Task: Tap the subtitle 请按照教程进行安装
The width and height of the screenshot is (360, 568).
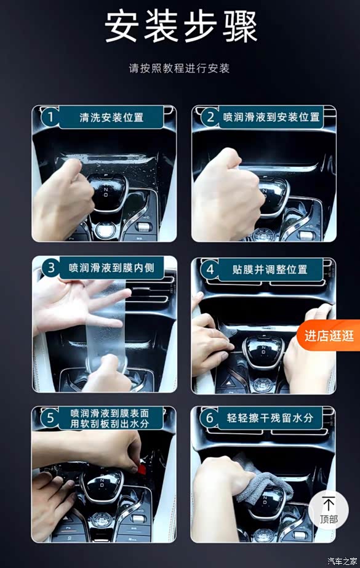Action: [x=179, y=68]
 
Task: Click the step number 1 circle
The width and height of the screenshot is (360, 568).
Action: [x=50, y=117]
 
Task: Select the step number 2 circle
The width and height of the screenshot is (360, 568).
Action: [x=210, y=117]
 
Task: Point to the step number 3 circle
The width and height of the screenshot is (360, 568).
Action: [x=50, y=268]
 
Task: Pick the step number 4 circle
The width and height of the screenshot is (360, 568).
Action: [x=210, y=270]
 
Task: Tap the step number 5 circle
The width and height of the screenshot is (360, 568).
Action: [x=50, y=418]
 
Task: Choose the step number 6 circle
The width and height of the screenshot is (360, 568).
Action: [x=210, y=418]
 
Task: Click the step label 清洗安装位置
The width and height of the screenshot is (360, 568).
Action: [x=111, y=118]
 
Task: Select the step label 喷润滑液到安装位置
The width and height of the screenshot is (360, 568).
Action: [x=271, y=117]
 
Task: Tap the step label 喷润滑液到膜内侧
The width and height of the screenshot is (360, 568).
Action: [x=111, y=268]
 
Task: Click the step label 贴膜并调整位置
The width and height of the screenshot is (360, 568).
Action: [x=270, y=270]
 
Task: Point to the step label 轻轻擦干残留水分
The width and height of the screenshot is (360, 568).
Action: [x=270, y=418]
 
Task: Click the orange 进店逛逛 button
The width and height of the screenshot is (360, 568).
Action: [x=329, y=335]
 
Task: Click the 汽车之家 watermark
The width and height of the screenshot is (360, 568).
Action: [x=342, y=561]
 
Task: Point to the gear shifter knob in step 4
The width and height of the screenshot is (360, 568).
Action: [x=263, y=351]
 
